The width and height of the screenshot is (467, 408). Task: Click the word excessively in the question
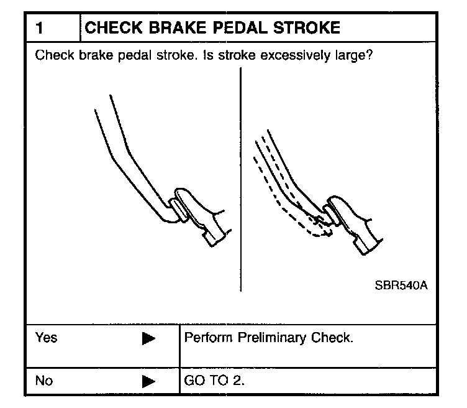(292, 55)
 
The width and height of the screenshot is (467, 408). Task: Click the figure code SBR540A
(401, 286)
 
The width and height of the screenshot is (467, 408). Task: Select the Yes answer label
(46, 338)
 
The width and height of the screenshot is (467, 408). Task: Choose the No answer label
(44, 381)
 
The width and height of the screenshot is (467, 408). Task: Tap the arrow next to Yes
(148, 340)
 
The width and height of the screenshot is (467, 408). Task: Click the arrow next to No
(148, 381)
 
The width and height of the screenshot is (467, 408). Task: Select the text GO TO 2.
(214, 381)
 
